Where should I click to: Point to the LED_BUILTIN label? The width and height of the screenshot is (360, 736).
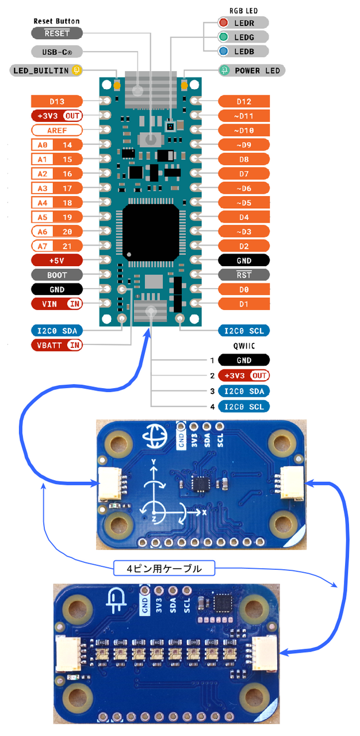40,71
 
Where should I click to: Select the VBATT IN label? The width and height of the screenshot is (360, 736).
57,345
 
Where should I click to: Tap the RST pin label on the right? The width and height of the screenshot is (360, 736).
244,275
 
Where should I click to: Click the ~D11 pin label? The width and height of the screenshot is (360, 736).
244,116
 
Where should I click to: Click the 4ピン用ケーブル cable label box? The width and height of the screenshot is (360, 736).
164,569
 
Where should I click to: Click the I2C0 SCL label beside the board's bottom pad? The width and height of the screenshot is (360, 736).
244,331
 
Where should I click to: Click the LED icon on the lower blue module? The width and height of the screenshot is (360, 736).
117,601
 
